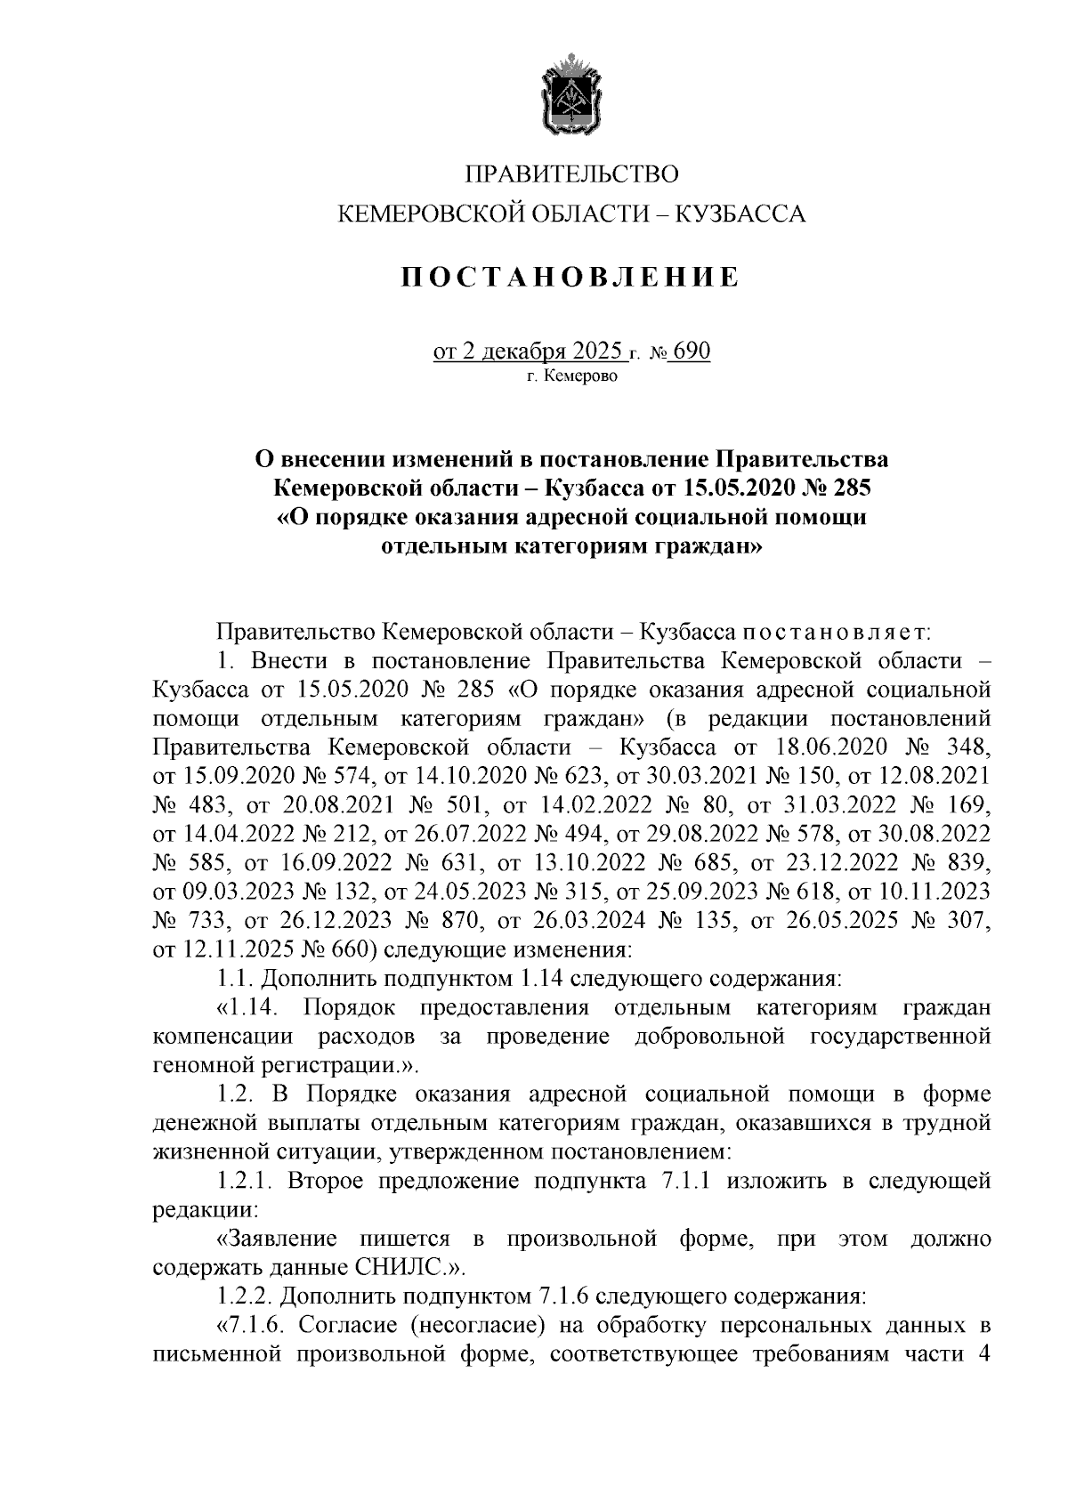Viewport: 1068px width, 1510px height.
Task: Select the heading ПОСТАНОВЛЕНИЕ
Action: pos(570,277)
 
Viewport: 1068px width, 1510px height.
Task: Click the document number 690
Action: pos(692,351)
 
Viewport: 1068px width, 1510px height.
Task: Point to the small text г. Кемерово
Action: pos(571,376)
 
